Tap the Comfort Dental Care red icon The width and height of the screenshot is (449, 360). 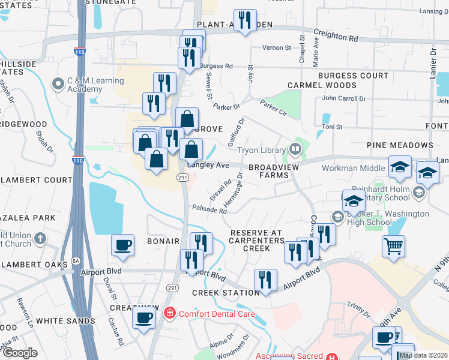(170, 313)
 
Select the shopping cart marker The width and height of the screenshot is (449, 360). (393, 245)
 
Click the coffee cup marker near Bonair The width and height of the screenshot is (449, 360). (123, 245)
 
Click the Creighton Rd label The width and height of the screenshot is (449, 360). (336, 37)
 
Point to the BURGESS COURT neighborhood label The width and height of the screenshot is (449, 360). (354, 76)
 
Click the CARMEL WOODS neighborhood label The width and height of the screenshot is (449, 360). (322, 85)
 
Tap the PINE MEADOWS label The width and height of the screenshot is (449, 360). (401, 146)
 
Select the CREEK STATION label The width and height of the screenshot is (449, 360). (217, 293)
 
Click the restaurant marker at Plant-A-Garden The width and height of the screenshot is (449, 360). (245, 20)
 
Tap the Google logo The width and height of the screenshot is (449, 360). (20, 352)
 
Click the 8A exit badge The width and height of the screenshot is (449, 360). (76, 261)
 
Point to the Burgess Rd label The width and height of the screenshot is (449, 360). (216, 66)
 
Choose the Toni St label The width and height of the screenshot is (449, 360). (332, 127)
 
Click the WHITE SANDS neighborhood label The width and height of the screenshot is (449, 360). (65, 321)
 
